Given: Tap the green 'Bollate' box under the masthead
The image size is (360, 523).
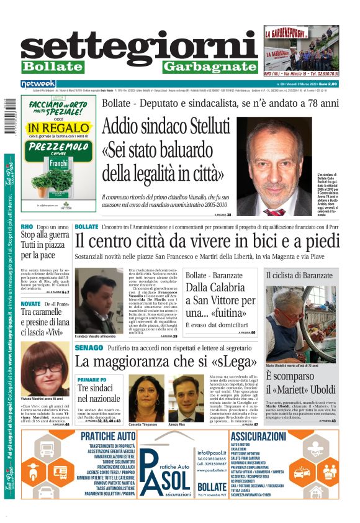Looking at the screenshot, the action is tap(53, 66).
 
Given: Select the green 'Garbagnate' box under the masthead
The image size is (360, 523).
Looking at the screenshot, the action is tap(201, 67).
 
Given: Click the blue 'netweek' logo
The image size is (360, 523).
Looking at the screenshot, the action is tap(38, 83).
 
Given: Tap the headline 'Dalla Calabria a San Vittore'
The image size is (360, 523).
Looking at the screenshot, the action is tap(216, 300).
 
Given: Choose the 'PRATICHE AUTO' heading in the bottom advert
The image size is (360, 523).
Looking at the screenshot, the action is tap(108, 437).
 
